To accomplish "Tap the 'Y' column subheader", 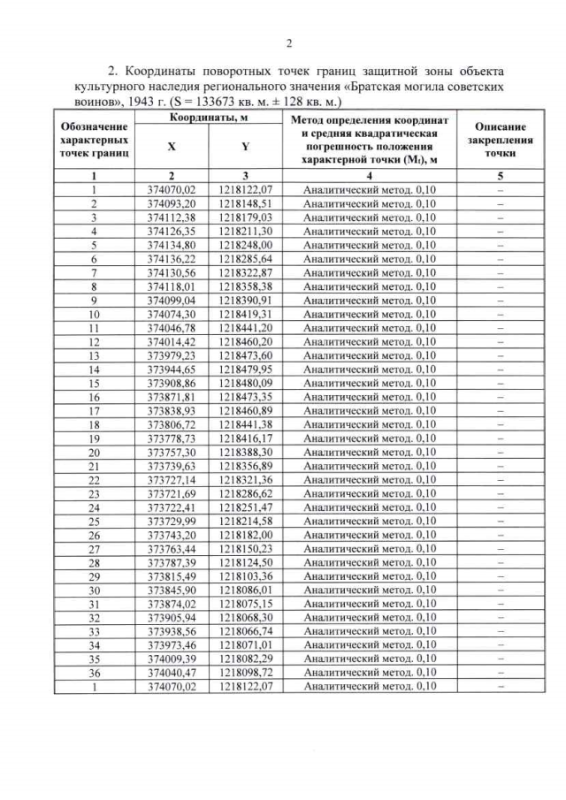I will pyautogui.click(x=244, y=148).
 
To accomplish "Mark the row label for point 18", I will pyautogui.click(x=93, y=424).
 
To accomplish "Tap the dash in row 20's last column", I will pyautogui.click(x=500, y=452).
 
